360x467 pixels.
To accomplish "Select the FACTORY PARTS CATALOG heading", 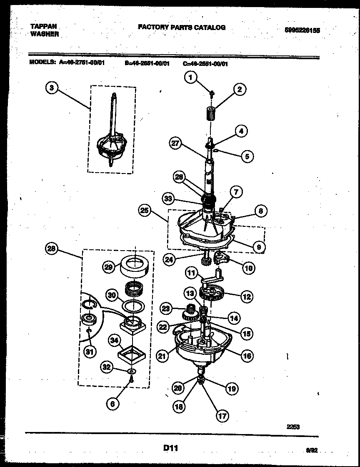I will click(182, 28).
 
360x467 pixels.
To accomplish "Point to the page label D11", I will click(171, 448).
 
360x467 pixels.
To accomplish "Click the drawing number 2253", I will click(293, 427).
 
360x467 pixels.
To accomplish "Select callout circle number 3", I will click(51, 88).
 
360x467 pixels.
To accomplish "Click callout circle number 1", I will click(190, 77).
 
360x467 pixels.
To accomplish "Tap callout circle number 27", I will click(176, 143).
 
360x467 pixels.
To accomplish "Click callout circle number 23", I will click(166, 309).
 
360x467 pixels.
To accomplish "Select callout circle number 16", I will click(247, 355).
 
